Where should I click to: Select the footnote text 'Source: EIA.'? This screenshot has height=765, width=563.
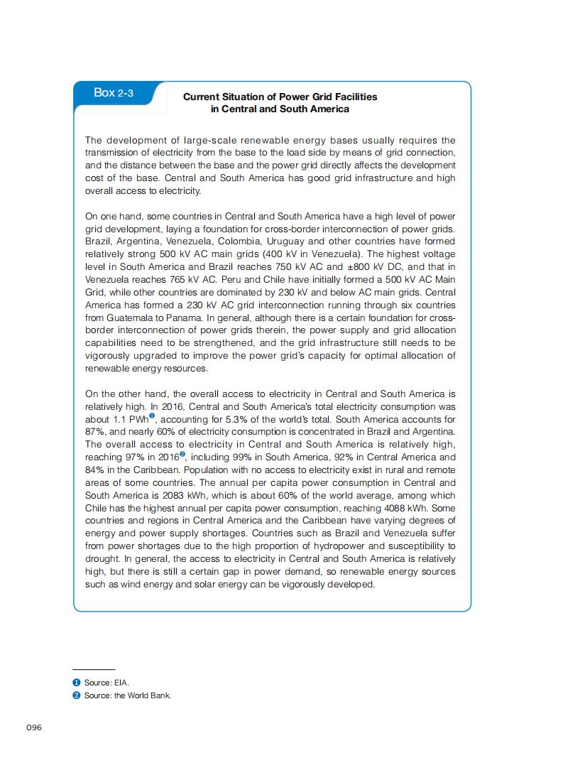pos(106,683)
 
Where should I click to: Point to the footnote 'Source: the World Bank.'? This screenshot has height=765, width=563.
pos(128,695)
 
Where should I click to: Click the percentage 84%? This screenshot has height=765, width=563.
pos(94,470)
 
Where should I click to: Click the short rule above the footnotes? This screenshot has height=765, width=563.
pos(94,669)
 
